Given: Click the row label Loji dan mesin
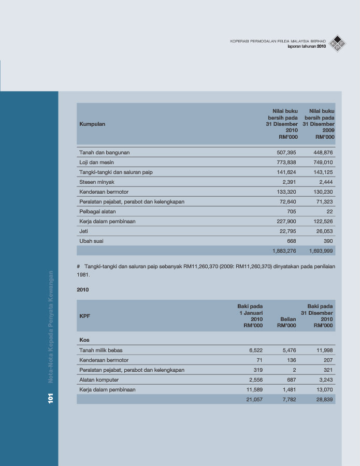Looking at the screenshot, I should coord(96,163).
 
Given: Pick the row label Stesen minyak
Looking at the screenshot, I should coord(96,182).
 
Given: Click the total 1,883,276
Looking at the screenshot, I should coord(284,251).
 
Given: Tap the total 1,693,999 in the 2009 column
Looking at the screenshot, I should coord(321,251).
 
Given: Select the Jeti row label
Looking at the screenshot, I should coord(84,231).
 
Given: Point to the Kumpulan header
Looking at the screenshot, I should coord(92,124).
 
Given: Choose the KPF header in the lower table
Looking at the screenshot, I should coord(84,316).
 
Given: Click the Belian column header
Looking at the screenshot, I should coord(287,319).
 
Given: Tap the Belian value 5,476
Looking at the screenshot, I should coord(289,351).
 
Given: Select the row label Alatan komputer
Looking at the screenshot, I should coord(99,380).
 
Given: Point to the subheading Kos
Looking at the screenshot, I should coord(84,340).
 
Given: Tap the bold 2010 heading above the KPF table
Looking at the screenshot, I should coord(82,290).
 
